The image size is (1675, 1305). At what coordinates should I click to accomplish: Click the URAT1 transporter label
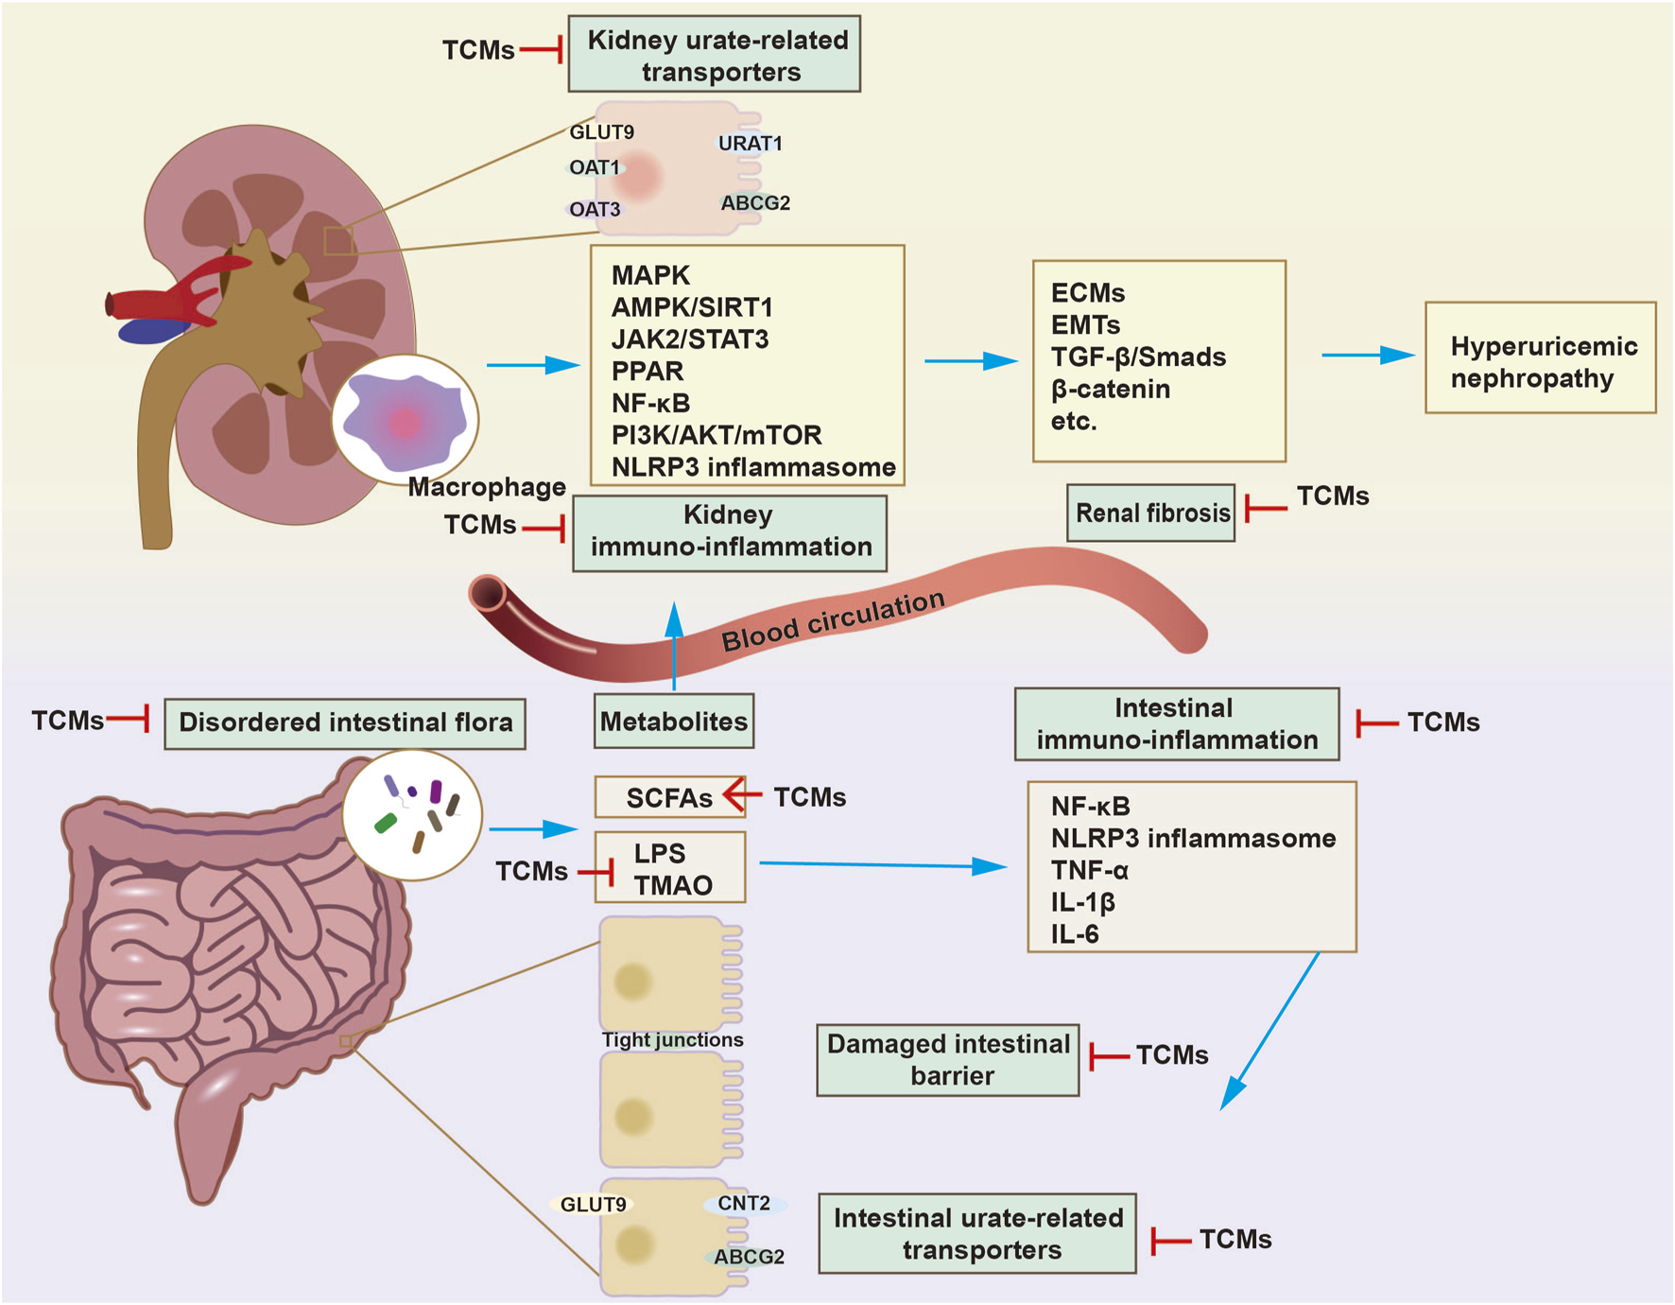point(750,144)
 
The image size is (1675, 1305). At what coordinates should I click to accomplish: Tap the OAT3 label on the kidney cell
point(595,209)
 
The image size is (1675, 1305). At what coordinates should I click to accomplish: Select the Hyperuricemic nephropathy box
point(1540,358)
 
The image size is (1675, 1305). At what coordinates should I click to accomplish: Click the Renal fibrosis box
point(1150,513)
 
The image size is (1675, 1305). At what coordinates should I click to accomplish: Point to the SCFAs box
point(668,798)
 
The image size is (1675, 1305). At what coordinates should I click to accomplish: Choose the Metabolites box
point(674,722)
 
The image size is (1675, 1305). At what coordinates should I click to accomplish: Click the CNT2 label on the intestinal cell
point(744,1204)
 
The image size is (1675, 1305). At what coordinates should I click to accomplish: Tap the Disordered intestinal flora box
point(345,723)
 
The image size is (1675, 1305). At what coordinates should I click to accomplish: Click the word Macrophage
point(487,487)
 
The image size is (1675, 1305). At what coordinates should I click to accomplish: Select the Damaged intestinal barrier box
point(948,1060)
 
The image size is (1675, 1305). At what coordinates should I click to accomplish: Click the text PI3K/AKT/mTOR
point(717,435)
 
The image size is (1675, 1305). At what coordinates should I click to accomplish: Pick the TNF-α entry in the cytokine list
point(1090,870)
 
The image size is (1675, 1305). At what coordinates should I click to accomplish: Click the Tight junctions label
point(672,1040)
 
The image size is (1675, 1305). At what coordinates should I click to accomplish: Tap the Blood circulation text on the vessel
point(833,620)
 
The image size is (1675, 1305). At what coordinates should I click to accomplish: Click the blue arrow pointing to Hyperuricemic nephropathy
point(1368,356)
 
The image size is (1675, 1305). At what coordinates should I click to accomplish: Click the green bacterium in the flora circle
point(386,823)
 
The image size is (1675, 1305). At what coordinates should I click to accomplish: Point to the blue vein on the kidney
point(151,331)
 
